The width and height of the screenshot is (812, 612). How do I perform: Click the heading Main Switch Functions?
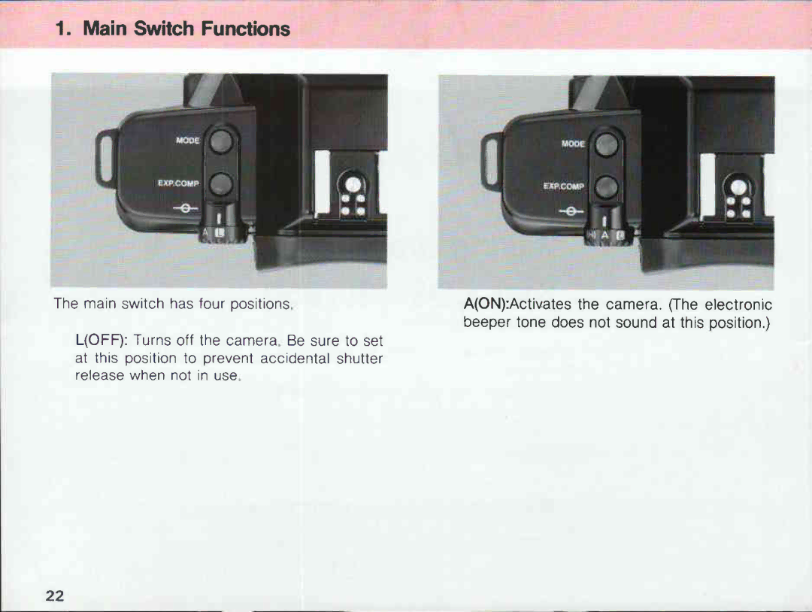(173, 29)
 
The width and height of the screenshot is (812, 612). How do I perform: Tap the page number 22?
(54, 595)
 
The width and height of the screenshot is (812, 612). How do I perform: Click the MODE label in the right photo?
(573, 143)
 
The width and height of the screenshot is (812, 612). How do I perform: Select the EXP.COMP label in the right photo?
(564, 186)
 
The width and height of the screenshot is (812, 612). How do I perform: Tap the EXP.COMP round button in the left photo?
(220, 183)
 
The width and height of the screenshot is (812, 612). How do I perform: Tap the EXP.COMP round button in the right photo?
(606, 186)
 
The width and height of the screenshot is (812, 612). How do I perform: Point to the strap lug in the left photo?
(104, 158)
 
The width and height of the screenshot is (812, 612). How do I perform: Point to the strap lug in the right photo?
(491, 161)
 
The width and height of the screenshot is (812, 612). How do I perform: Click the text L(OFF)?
(101, 341)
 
